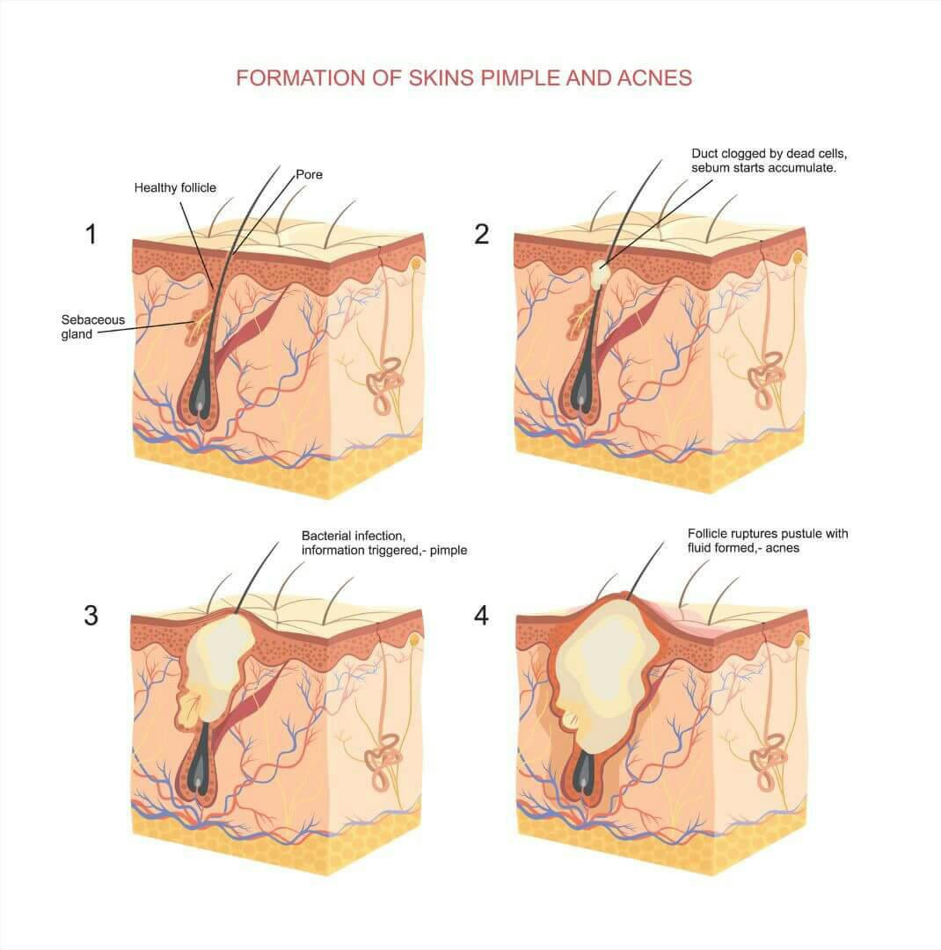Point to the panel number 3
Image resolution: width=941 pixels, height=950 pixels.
pyautogui.click(x=91, y=615)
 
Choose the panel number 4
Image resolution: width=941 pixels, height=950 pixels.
pyautogui.click(x=481, y=615)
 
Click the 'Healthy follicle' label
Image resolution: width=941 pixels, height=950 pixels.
pyautogui.click(x=175, y=187)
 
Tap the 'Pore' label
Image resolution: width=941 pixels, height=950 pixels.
pyautogui.click(x=309, y=175)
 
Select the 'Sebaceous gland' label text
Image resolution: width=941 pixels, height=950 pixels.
pyautogui.click(x=82, y=326)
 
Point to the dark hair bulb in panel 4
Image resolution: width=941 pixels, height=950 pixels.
pyautogui.click(x=586, y=774)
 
